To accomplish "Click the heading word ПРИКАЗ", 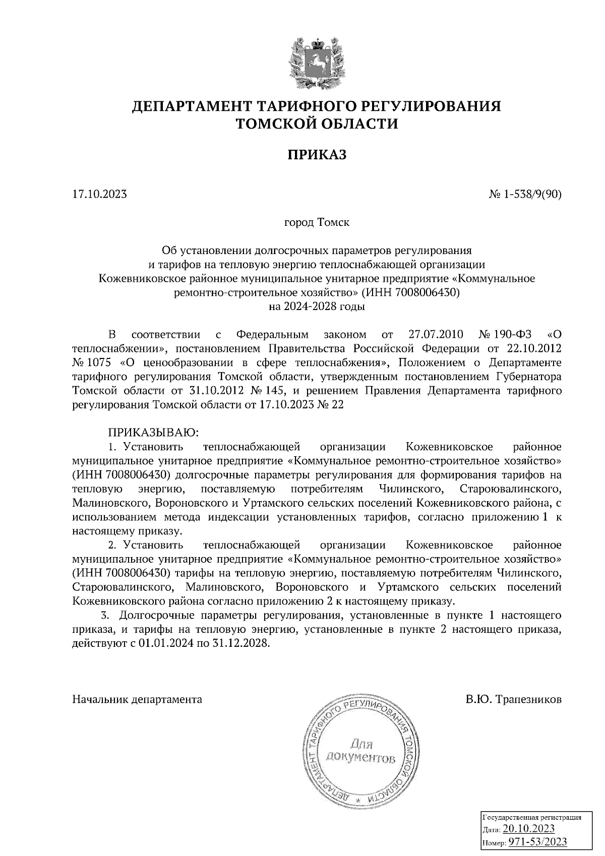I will click(317, 155).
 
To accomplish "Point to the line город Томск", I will click(317, 222).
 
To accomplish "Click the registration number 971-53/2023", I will click(537, 842).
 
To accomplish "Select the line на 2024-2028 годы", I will click(317, 306).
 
